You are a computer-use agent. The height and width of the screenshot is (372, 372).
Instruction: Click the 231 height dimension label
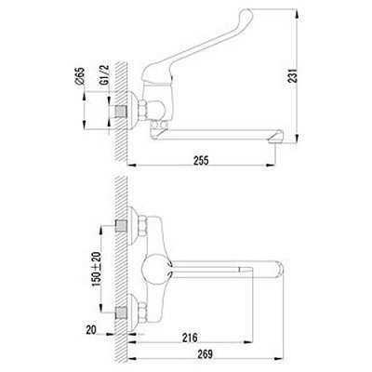(293, 75)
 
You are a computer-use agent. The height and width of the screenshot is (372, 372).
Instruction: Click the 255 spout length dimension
(202, 161)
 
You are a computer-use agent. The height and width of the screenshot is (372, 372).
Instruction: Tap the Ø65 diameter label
(80, 76)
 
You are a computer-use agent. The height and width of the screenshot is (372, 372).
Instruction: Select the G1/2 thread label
(104, 75)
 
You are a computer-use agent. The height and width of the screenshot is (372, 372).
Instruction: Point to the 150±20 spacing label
(97, 269)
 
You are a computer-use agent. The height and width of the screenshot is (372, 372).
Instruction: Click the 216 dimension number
(190, 338)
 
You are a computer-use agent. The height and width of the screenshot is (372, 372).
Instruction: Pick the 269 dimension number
(205, 353)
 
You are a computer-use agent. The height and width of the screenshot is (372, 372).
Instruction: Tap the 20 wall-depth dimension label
(91, 330)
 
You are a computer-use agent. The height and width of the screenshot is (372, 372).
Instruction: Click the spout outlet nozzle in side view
(276, 138)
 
